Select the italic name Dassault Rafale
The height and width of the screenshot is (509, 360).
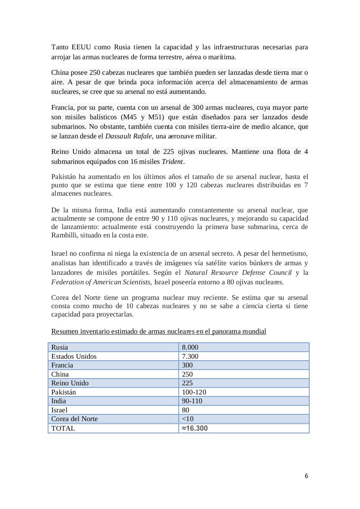click(128, 136)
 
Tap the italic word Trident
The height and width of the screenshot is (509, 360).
click(172, 161)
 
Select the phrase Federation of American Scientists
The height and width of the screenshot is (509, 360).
click(101, 282)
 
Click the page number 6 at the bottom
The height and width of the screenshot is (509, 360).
click(306, 476)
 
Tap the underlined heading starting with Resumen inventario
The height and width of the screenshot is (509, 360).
click(159, 331)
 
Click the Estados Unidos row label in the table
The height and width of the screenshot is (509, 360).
click(74, 356)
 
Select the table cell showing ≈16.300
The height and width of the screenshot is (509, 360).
click(195, 428)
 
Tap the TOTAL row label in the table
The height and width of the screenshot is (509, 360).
click(63, 428)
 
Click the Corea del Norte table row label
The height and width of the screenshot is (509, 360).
click(74, 419)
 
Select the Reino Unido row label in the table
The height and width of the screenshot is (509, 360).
click(70, 383)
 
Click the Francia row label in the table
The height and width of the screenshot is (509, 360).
click(62, 365)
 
